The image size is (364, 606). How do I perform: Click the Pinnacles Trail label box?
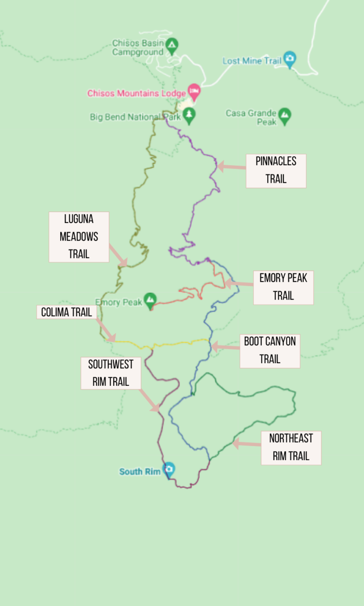[x=276, y=170]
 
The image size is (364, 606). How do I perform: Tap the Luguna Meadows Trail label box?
[x=79, y=237]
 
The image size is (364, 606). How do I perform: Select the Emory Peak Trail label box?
[x=283, y=287]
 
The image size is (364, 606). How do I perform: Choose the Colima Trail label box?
[x=67, y=312]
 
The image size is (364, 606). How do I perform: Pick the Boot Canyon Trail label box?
[x=270, y=351]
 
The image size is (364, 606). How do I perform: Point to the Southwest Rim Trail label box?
[x=111, y=373]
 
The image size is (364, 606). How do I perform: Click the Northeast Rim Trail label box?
[x=291, y=447]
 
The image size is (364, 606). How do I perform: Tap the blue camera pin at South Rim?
[x=169, y=469]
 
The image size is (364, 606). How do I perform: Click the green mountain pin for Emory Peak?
[x=151, y=299]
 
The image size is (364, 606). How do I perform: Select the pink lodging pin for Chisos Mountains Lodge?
[x=194, y=89]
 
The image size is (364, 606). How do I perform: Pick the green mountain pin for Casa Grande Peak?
[x=284, y=115]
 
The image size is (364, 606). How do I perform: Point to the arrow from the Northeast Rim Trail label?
[x=246, y=444]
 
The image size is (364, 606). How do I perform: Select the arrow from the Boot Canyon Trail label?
[x=225, y=347]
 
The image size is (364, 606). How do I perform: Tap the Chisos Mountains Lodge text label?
[x=136, y=93]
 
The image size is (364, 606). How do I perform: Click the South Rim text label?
[x=140, y=472]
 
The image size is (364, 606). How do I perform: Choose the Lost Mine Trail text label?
[x=252, y=61]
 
